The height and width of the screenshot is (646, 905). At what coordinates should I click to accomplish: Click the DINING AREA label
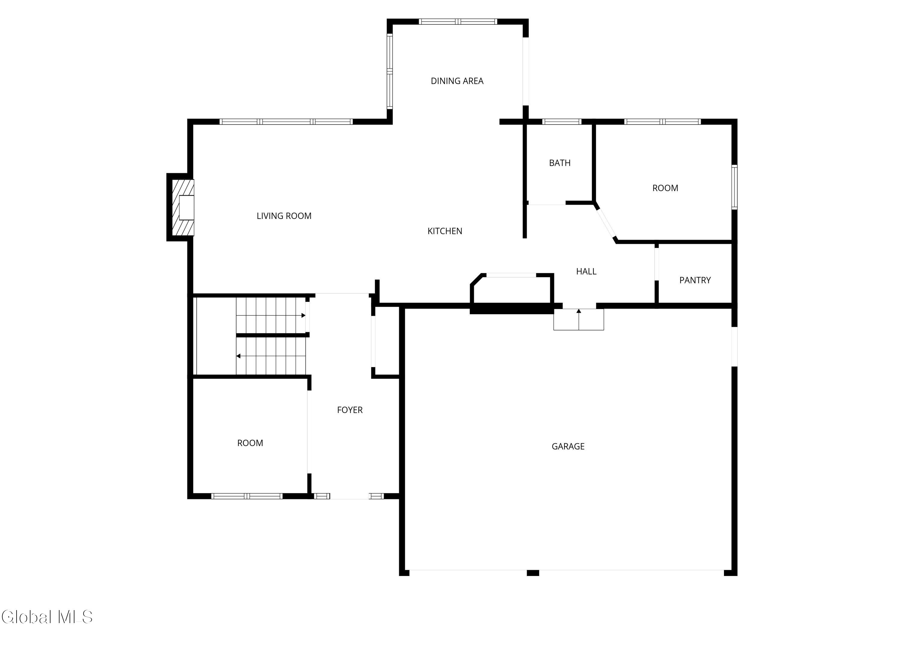pyautogui.click(x=457, y=81)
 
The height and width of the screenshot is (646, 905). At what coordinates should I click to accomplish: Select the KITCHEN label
pyautogui.click(x=444, y=231)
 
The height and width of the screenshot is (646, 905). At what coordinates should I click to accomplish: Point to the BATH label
pyautogui.click(x=559, y=163)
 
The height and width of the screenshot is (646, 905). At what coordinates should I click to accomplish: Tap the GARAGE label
pyautogui.click(x=568, y=447)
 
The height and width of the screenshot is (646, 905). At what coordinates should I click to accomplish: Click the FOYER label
pyautogui.click(x=350, y=410)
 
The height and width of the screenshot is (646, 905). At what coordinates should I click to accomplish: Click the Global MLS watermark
pyautogui.click(x=47, y=617)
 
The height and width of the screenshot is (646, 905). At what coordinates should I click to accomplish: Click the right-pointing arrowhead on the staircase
pyautogui.click(x=303, y=315)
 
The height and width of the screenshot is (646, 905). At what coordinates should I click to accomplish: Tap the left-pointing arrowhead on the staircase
pyautogui.click(x=239, y=356)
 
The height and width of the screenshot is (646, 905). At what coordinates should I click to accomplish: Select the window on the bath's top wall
pyautogui.click(x=562, y=122)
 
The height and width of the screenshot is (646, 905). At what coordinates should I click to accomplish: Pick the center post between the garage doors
pyautogui.click(x=533, y=573)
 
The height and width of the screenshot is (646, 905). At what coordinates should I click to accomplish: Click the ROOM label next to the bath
pyautogui.click(x=665, y=188)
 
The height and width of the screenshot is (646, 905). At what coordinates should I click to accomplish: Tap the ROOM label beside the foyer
pyautogui.click(x=250, y=443)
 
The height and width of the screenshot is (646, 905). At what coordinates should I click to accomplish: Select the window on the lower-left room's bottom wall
pyautogui.click(x=247, y=496)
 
